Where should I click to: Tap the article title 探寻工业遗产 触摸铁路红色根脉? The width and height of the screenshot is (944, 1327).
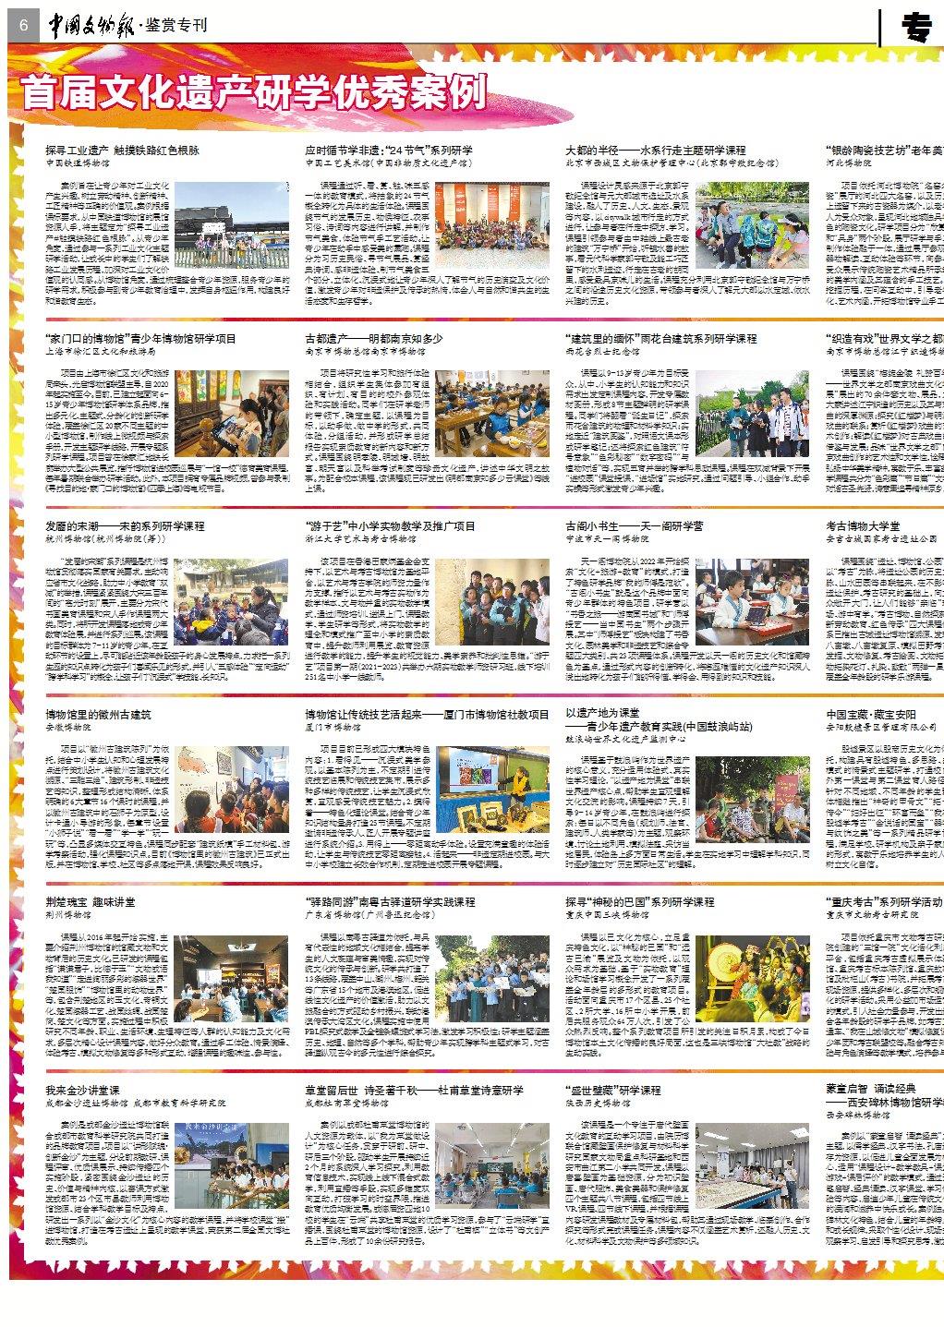[x=122, y=150]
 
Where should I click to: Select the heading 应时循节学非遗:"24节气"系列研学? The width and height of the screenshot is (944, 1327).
[x=389, y=150]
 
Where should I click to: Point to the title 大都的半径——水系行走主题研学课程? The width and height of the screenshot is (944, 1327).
[x=655, y=150]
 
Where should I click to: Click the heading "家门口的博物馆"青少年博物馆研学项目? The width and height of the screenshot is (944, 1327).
[x=139, y=339]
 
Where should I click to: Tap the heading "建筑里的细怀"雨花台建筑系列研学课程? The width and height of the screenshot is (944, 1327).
[x=660, y=339]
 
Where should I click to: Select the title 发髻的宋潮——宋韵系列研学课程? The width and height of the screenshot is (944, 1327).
[x=125, y=526]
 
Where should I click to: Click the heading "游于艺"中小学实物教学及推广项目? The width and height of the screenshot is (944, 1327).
[x=390, y=526]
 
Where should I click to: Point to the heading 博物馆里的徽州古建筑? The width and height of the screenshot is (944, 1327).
[x=98, y=714]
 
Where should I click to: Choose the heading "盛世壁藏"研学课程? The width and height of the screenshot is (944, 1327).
[x=611, y=1091]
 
